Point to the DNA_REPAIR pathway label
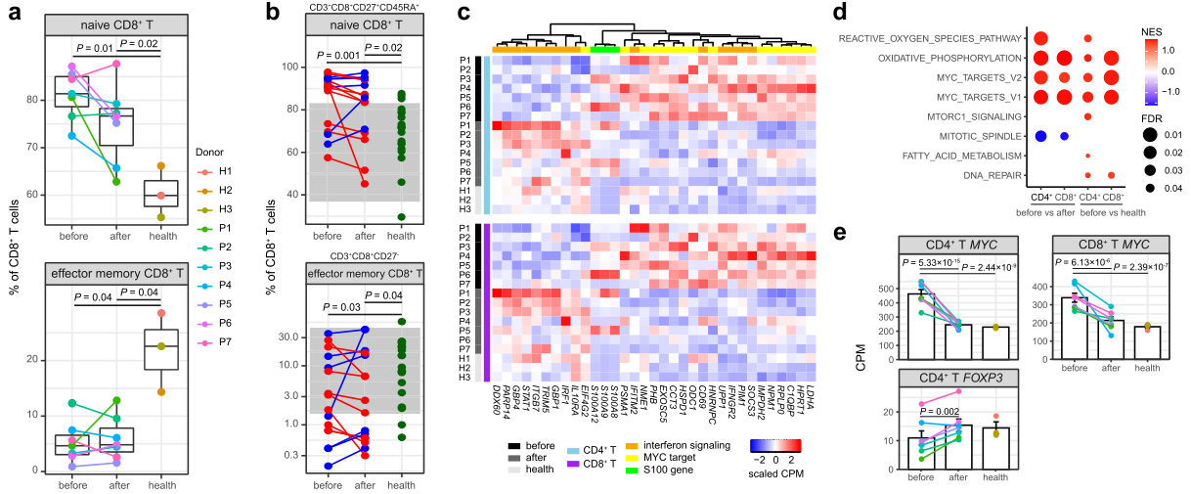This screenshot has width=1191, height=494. coord(989,174)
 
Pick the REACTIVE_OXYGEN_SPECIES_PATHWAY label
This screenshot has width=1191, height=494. coord(925,38)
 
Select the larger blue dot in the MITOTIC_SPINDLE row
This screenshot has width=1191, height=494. coord(1040,135)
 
